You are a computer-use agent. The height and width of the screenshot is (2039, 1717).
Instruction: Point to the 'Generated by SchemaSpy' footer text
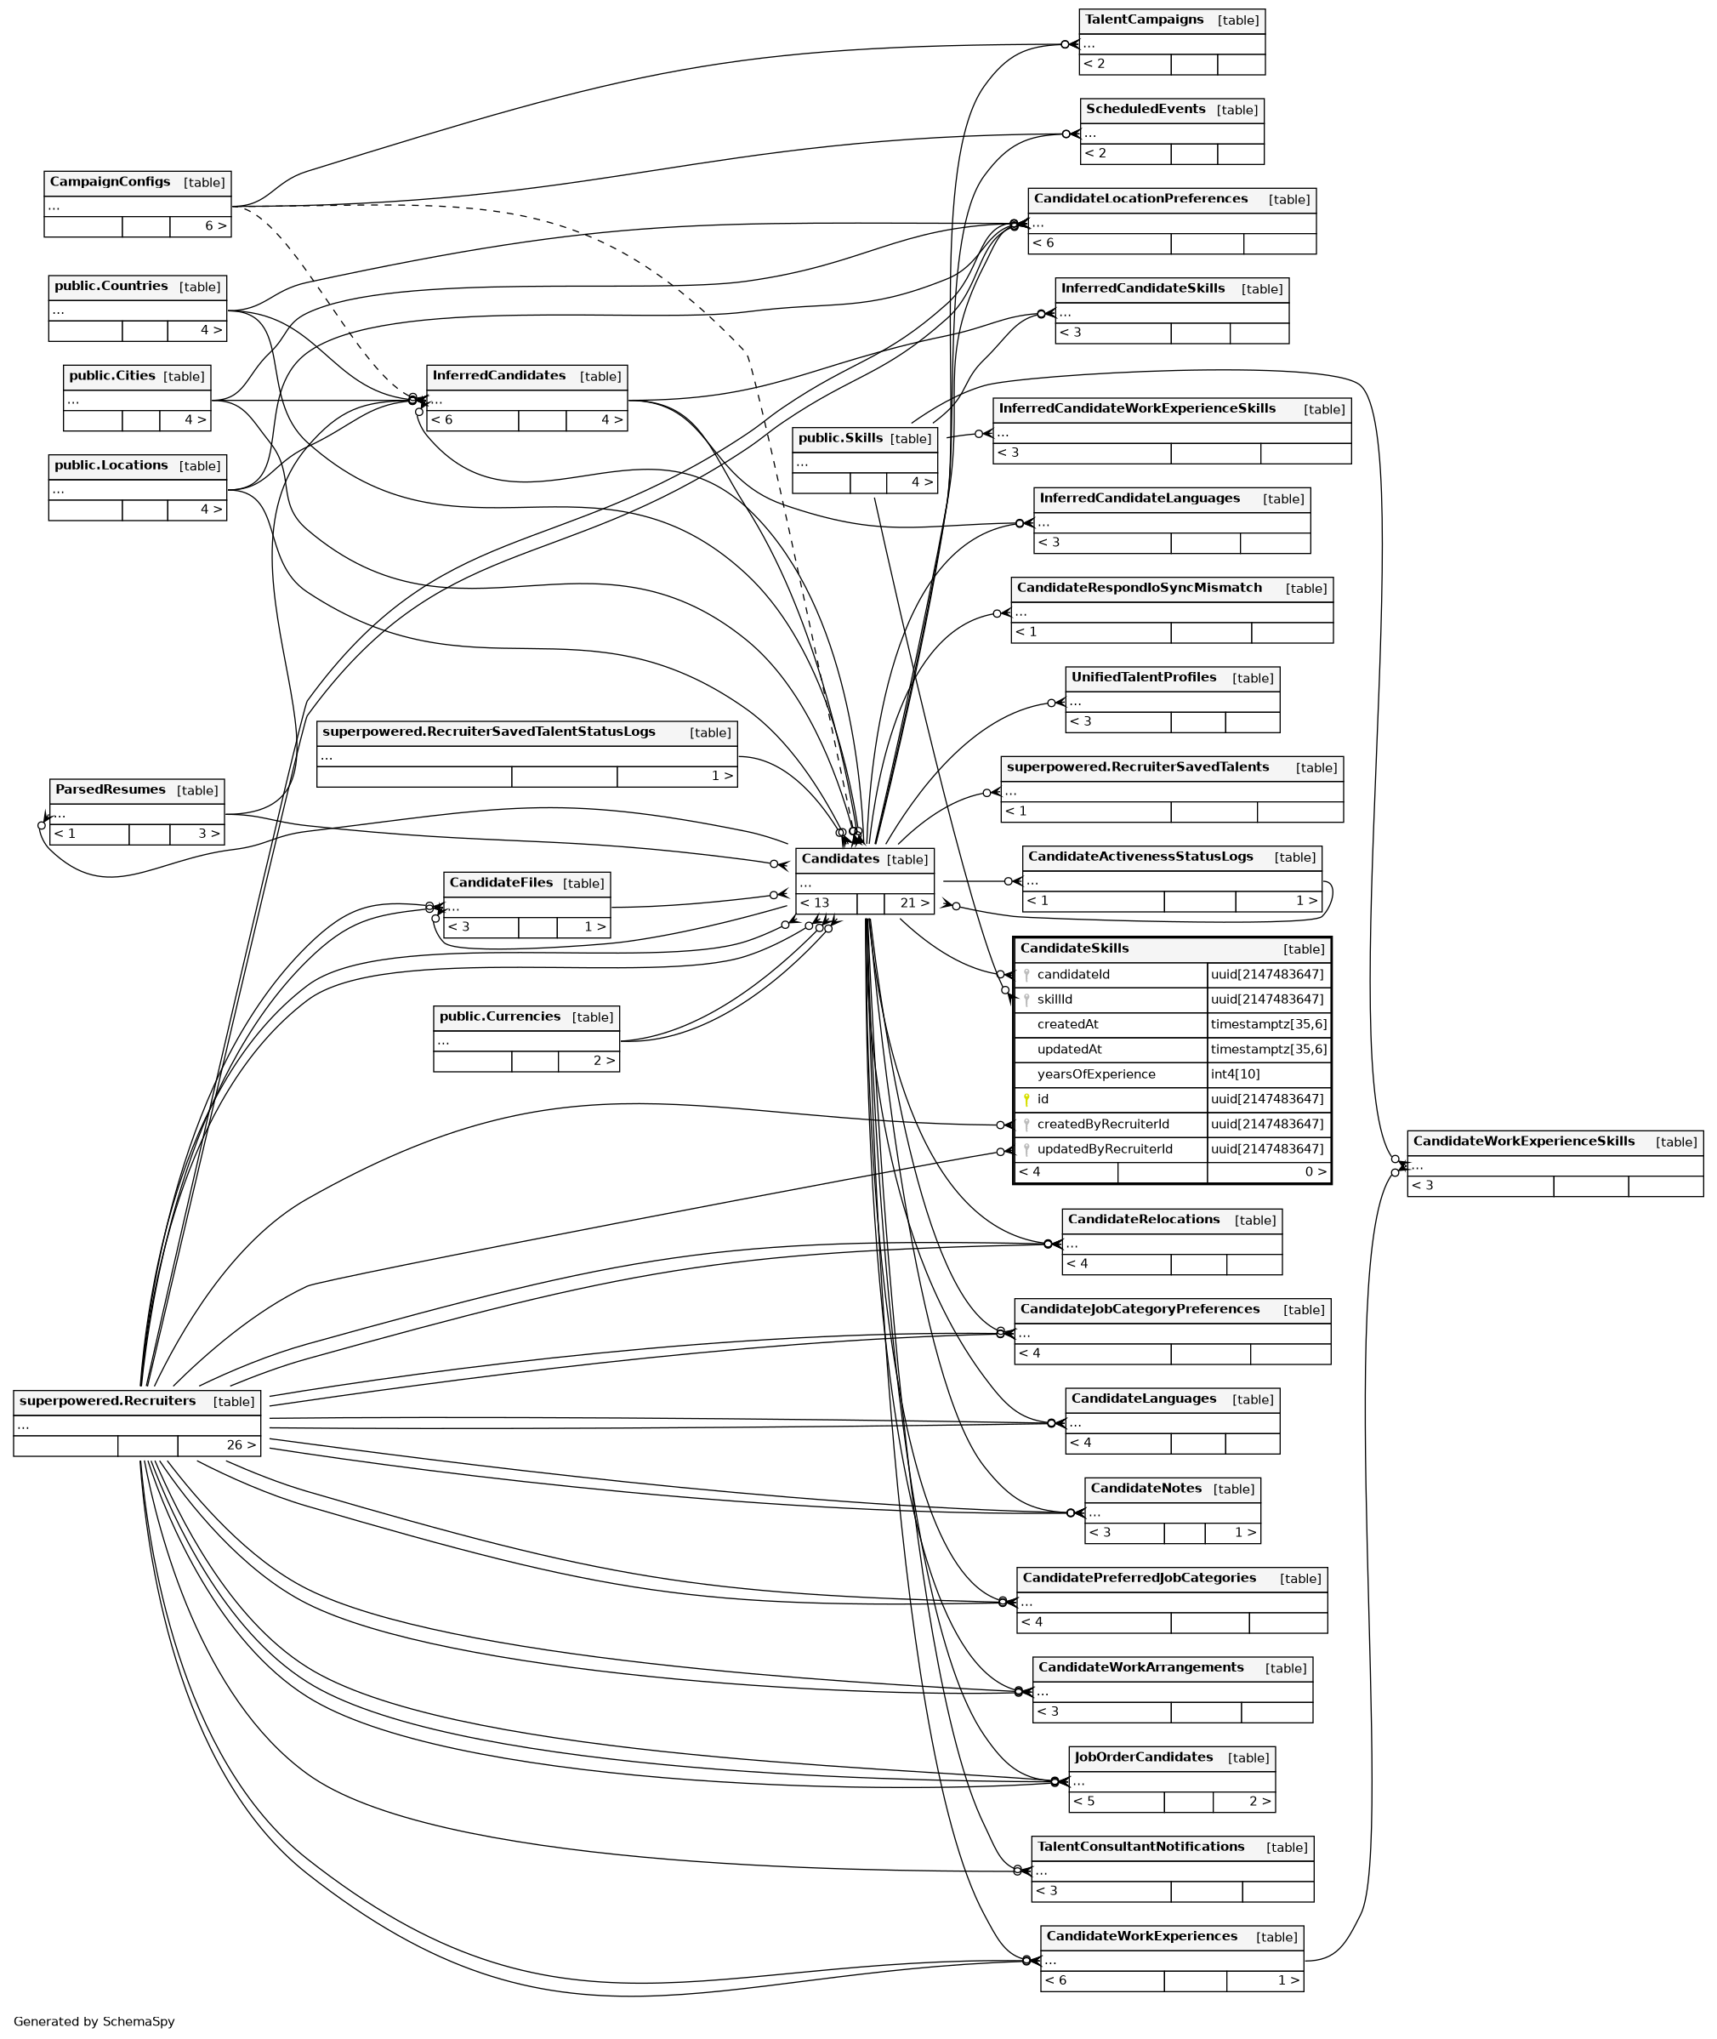pos(94,2021)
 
